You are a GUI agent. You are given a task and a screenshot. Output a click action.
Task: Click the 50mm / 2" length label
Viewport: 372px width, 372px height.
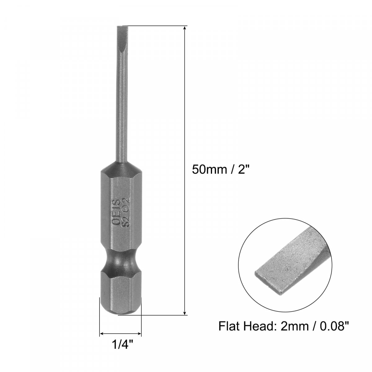point(220,170)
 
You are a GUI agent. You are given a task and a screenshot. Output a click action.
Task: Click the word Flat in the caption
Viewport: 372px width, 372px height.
point(229,326)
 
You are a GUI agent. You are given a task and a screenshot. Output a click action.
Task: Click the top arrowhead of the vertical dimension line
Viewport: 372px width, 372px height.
point(185,29)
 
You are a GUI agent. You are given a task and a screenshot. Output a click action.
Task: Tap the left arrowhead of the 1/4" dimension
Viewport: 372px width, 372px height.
point(102,334)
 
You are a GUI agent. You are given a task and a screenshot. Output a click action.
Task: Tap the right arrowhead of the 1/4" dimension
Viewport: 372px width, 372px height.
point(139,334)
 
